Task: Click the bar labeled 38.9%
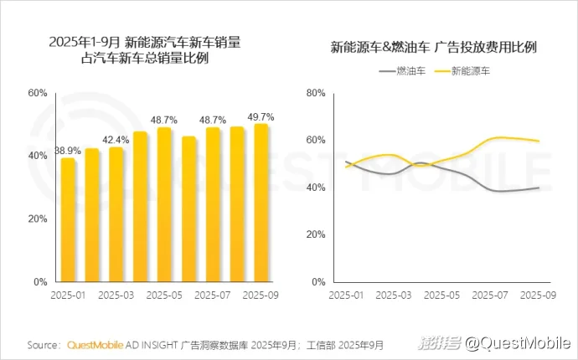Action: [68, 219]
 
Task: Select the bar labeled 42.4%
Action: [116, 214]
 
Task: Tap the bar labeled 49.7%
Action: [261, 203]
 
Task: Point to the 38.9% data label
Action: [68, 150]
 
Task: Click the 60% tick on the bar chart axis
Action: [38, 93]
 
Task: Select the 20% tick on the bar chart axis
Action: [38, 219]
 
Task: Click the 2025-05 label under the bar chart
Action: [164, 296]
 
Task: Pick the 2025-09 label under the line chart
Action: [538, 296]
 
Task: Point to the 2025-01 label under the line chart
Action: [346, 296]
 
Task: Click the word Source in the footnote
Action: [43, 344]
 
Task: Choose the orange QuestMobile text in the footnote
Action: [95, 344]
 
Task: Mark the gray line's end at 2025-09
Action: [538, 188]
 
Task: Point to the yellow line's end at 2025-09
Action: [538, 141]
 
